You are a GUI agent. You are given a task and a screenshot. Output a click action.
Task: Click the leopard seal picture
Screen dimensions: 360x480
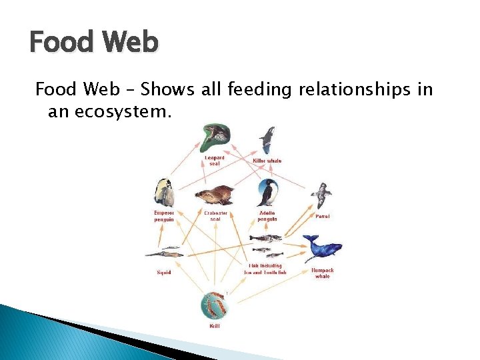point(215,138)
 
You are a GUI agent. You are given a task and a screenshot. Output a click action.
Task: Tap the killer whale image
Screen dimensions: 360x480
point(267,141)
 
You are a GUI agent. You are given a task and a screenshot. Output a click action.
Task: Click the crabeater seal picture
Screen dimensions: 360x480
point(214,195)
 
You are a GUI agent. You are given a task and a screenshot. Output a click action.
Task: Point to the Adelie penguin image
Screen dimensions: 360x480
point(267,193)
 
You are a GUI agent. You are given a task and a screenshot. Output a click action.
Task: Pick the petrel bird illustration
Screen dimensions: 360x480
point(321,195)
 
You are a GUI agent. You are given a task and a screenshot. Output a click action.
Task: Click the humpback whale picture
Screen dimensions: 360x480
point(321,248)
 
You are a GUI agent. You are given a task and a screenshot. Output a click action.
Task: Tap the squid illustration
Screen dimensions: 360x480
point(164,253)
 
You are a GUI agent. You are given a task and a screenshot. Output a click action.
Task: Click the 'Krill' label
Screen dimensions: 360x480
point(215,327)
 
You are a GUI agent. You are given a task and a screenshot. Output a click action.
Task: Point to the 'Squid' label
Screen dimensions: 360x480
point(164,272)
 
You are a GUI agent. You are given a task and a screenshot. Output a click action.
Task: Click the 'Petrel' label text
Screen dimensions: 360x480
point(322,216)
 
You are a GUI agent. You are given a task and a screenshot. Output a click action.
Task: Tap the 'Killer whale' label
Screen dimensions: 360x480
point(267,161)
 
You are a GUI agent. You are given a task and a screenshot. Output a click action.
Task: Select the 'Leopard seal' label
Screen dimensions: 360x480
point(215,161)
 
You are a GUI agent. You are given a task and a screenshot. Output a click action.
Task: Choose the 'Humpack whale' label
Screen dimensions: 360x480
point(322,273)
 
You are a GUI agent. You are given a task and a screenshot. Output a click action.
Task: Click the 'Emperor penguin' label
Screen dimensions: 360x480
point(164,216)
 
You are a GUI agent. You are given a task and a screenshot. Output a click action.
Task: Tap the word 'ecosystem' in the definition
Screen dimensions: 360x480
point(123,111)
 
